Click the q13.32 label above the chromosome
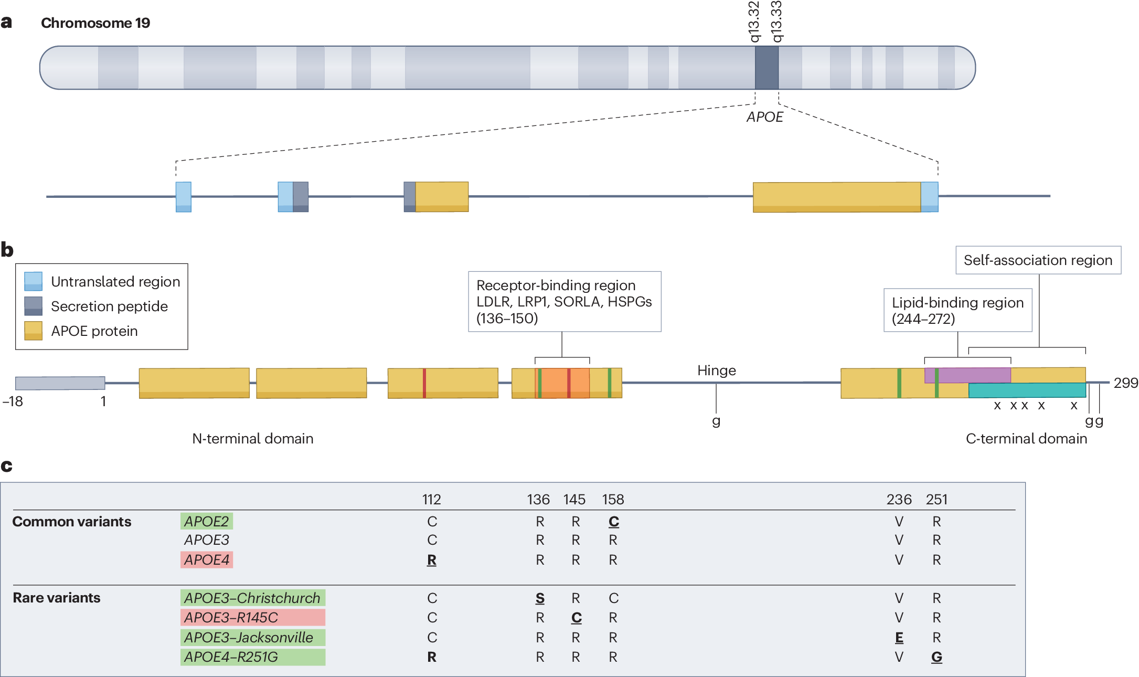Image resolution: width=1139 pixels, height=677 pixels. [x=754, y=22]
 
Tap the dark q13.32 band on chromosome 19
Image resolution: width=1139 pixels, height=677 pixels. [x=767, y=68]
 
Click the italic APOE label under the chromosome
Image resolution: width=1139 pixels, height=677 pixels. [x=764, y=117]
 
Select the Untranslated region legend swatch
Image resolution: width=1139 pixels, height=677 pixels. [x=33, y=281]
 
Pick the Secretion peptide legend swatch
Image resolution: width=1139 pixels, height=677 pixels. [x=33, y=306]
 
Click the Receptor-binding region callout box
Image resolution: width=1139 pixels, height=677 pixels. [x=564, y=301]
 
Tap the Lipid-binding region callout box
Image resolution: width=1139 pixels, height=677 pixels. [x=957, y=310]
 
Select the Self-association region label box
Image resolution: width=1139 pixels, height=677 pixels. [x=1038, y=260]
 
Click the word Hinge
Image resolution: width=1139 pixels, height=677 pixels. [x=716, y=371]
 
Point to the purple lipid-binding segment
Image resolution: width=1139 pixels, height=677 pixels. [x=967, y=375]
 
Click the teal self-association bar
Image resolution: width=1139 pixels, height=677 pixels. [x=1027, y=390]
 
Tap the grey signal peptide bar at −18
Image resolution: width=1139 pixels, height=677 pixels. [x=60, y=383]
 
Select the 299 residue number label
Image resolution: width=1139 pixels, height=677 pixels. [x=1125, y=383]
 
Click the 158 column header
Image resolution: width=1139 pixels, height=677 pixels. [x=613, y=500]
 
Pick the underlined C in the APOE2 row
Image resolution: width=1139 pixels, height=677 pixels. [x=613, y=522]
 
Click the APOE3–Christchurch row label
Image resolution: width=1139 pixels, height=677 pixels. [x=252, y=598]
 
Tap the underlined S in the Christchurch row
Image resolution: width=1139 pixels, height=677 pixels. [x=540, y=598]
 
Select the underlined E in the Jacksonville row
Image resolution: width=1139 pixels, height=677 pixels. [x=899, y=638]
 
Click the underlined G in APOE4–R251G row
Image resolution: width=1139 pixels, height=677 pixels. [x=936, y=657]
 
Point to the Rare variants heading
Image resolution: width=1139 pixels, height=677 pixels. [x=57, y=598]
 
